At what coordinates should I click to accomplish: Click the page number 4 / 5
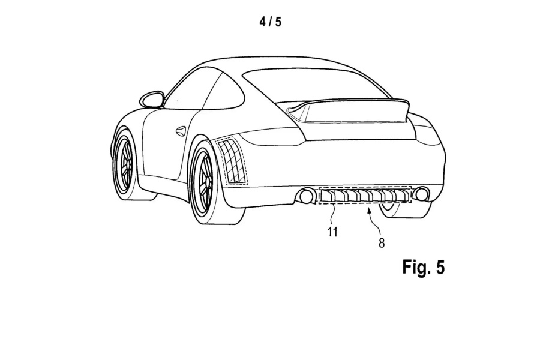point(270,23)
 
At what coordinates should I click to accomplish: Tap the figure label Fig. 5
point(423,267)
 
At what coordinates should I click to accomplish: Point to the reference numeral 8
point(382,243)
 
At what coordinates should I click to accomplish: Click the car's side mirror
point(151,98)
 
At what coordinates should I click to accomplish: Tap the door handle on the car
point(180,130)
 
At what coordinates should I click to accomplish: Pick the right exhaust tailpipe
point(422,194)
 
